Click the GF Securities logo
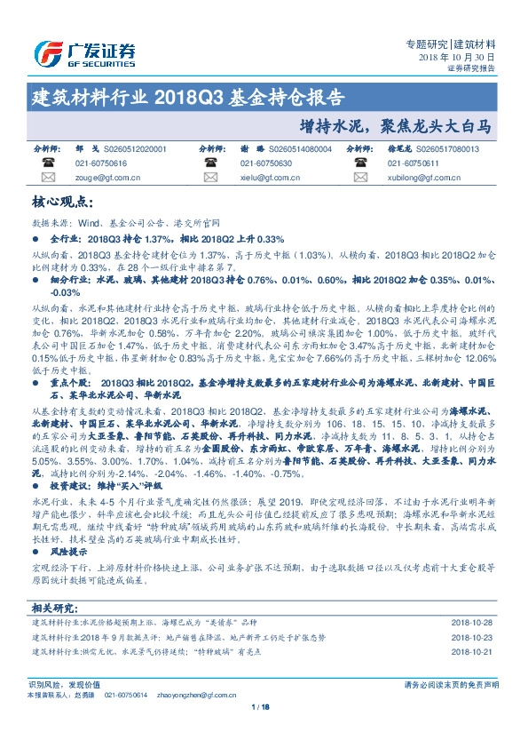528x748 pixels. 84,52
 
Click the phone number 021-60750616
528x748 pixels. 101,163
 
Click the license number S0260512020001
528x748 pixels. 136,150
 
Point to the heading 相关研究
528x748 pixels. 55,608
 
